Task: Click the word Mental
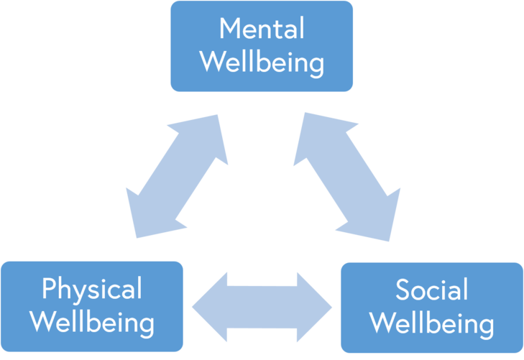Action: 262,29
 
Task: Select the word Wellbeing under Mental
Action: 262,62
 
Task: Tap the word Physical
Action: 92,290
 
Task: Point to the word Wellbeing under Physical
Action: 92,323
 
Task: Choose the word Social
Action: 431,290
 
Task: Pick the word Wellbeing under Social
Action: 431,323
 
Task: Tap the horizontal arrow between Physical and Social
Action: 262,308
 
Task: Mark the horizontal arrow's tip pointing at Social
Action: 328,308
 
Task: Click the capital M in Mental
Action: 229,29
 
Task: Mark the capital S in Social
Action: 403,290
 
